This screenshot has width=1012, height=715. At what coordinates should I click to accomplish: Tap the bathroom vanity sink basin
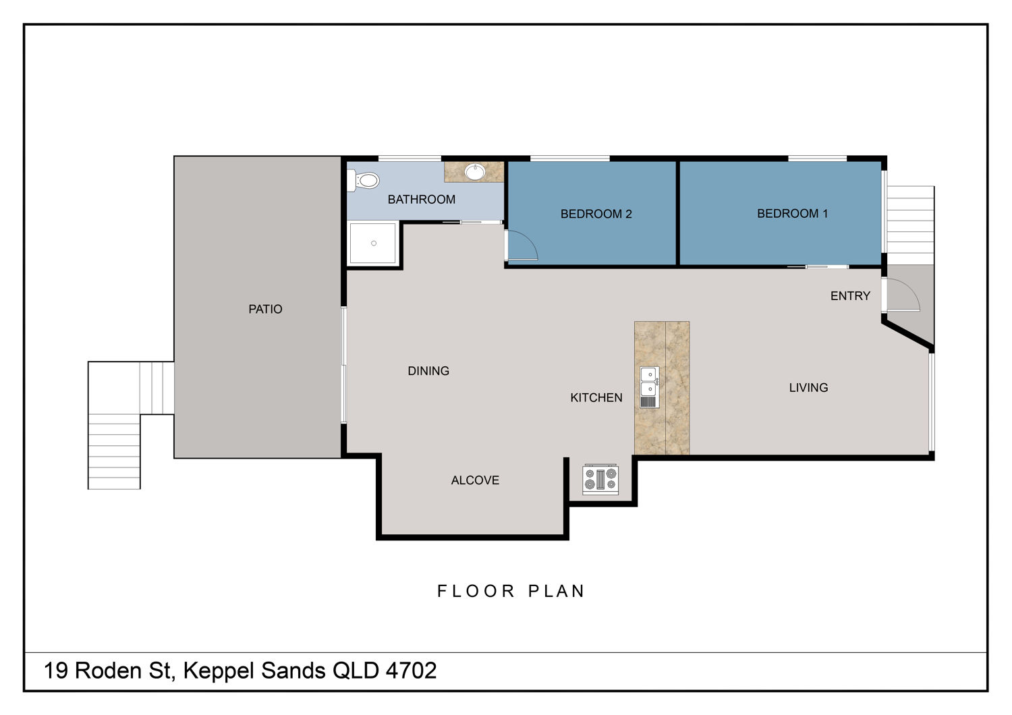pos(475,171)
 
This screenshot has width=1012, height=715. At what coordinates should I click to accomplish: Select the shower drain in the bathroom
pos(374,244)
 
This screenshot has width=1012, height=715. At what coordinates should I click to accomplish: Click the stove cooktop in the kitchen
pos(600,479)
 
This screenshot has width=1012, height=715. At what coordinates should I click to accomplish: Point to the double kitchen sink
pos(650,388)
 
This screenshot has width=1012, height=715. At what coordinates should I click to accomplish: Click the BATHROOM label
pos(422,199)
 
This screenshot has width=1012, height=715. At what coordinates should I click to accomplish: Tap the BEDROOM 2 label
pos(596,214)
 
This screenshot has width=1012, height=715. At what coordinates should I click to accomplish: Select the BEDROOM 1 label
pos(793,213)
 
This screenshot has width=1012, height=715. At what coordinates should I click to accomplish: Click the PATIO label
pos(265,309)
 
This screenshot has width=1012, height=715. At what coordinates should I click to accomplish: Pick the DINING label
pos(428,371)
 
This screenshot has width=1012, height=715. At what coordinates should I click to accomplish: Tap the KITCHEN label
pos(596,397)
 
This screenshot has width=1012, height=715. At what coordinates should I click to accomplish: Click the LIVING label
pos(809,388)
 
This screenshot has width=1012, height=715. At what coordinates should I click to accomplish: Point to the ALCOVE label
pos(475,480)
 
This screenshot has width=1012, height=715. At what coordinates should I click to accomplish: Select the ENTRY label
pos(850,296)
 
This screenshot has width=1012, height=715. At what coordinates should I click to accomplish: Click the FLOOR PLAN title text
pos(511,591)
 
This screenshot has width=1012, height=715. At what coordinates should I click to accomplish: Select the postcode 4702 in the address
pos(411,670)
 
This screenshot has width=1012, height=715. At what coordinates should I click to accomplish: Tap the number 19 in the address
pos(55,670)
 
